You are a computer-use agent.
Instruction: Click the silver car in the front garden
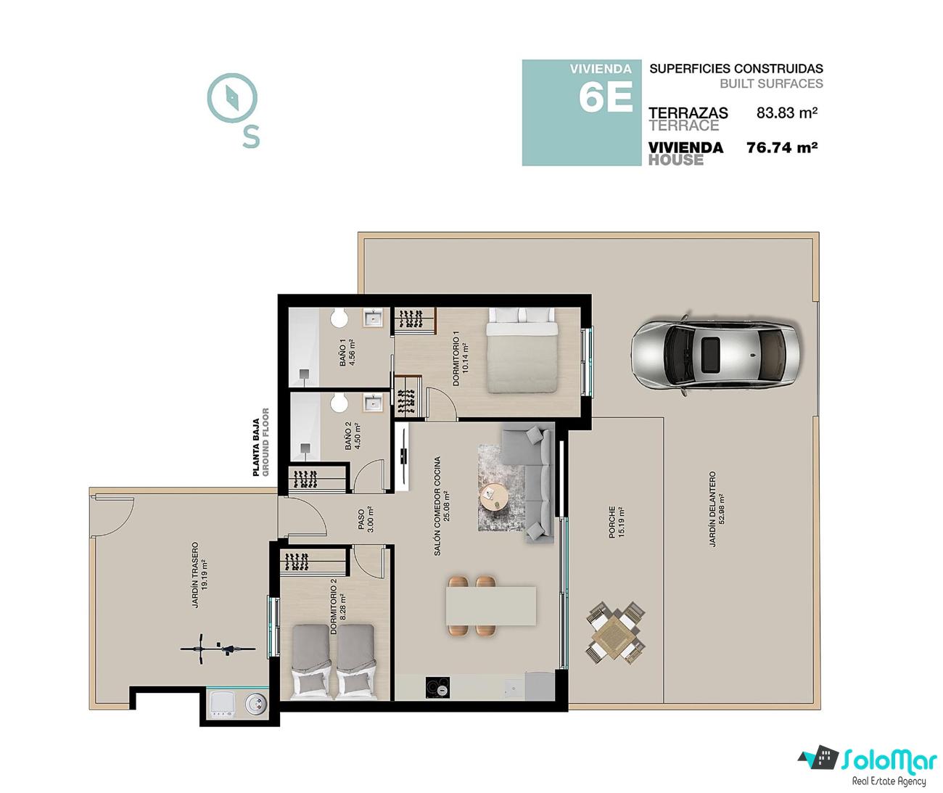715,356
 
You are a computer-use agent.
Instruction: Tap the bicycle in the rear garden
218,649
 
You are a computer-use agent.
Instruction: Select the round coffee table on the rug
494,498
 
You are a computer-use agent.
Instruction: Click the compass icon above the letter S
232,98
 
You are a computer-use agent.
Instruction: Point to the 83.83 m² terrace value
787,112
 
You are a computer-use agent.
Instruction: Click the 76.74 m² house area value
782,148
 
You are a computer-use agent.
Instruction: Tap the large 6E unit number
605,97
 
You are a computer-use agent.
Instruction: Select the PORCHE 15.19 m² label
616,522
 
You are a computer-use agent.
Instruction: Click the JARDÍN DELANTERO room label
712,509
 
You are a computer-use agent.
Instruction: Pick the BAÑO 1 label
342,353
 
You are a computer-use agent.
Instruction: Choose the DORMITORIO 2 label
333,609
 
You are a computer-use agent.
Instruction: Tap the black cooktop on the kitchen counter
437,689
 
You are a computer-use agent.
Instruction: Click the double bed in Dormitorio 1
521,350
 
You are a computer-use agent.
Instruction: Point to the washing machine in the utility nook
221,704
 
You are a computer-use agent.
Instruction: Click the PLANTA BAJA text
256,448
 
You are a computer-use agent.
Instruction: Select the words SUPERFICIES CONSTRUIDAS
736,69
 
